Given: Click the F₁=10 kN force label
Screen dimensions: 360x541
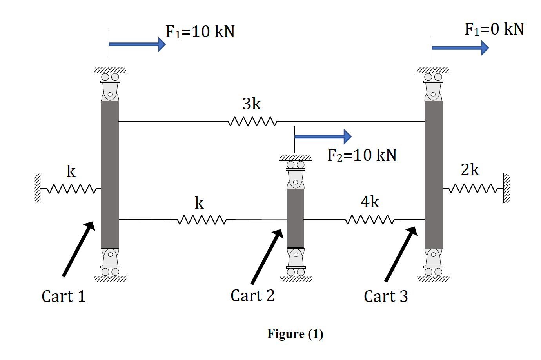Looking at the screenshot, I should pyautogui.click(x=200, y=32).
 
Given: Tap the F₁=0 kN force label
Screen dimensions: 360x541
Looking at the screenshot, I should pyautogui.click(x=494, y=29).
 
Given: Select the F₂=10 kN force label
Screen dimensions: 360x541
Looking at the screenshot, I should pyautogui.click(x=362, y=155).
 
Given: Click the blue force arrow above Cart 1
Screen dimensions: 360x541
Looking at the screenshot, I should pyautogui.click(x=137, y=44).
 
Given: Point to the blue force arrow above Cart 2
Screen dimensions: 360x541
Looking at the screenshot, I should pyautogui.click(x=323, y=136).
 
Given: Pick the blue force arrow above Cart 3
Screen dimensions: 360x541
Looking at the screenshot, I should pyautogui.click(x=460, y=48).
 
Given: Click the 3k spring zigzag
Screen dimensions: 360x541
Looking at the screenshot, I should pyautogui.click(x=252, y=122).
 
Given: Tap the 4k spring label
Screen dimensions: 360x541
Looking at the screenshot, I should pyautogui.click(x=370, y=202).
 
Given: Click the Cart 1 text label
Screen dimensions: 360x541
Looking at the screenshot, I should pyautogui.click(x=64, y=296).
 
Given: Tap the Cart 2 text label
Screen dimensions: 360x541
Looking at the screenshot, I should pyautogui.click(x=252, y=296).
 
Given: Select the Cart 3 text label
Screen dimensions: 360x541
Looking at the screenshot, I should pyautogui.click(x=386, y=296).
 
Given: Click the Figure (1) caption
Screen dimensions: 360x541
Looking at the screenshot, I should pyautogui.click(x=295, y=334).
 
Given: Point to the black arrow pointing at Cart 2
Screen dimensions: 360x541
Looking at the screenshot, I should pyautogui.click(x=267, y=256).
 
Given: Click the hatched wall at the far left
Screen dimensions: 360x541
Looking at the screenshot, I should pyautogui.click(x=38, y=188).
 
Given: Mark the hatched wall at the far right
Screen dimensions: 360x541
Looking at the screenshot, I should pyautogui.click(x=507, y=188).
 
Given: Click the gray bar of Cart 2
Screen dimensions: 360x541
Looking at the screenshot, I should pyautogui.click(x=296, y=218).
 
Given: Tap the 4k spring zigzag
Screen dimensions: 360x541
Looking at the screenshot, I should pyautogui.click(x=370, y=220).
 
